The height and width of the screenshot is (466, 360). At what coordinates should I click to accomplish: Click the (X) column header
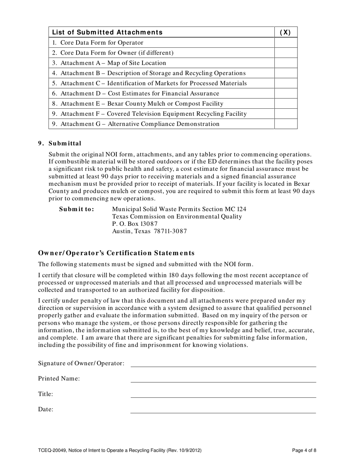[285, 32]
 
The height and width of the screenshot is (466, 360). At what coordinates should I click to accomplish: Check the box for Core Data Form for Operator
[285, 43]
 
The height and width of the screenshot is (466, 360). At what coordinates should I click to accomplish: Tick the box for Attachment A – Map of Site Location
[285, 63]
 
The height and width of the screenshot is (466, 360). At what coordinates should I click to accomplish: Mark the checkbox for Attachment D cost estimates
[285, 93]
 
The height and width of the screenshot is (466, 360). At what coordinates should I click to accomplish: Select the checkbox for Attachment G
[285, 124]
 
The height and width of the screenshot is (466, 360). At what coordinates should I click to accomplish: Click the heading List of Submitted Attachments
[107, 32]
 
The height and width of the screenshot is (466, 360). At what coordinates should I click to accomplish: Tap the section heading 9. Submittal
[59, 143]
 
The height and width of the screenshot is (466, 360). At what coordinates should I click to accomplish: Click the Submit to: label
[77, 209]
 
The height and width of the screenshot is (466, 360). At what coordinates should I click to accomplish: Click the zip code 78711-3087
[170, 231]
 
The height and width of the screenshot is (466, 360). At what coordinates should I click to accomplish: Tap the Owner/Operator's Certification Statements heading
[116, 253]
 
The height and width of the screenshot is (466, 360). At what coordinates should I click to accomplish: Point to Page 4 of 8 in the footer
[304, 450]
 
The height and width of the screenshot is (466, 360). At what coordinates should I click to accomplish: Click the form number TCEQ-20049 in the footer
[52, 450]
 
